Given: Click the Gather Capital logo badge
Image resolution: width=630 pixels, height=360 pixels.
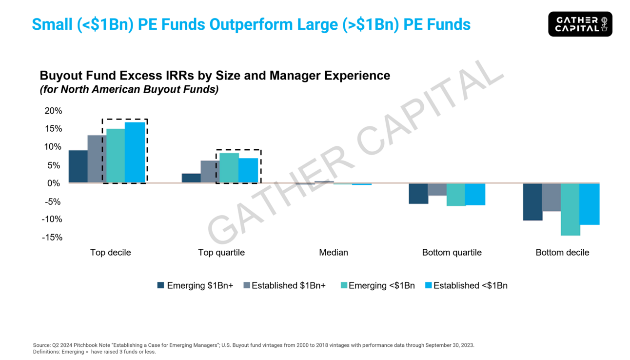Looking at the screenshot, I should point(580,24).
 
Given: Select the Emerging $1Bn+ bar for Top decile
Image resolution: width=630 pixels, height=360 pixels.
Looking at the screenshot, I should point(78,166).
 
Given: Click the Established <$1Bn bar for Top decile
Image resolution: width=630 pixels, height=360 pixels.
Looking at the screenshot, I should point(135,153).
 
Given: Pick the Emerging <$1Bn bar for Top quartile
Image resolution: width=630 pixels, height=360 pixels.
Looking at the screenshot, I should point(229,168).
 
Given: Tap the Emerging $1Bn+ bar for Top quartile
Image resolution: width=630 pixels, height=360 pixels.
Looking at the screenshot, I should point(191,178).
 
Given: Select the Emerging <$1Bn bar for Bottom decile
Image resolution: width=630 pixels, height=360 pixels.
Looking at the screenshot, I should point(571,209).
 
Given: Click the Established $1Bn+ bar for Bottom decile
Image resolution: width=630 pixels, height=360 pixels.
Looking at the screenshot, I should point(551,197).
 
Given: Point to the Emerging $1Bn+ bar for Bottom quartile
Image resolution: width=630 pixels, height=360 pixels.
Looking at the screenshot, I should point(418,193).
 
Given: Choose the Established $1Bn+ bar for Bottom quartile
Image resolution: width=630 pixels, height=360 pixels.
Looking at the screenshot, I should point(437,189).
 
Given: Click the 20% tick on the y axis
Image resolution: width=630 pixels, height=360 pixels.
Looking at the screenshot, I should point(53,111).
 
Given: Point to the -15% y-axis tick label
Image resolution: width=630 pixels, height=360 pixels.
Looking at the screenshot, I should point(52,238).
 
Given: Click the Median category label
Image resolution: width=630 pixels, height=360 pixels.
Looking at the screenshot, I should point(334,253).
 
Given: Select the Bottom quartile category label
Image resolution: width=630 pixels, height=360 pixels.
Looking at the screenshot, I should point(452,253).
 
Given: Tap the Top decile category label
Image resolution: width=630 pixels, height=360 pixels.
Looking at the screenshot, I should point(111,253).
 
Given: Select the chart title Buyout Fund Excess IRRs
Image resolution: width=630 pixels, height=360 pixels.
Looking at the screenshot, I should point(215,76).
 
